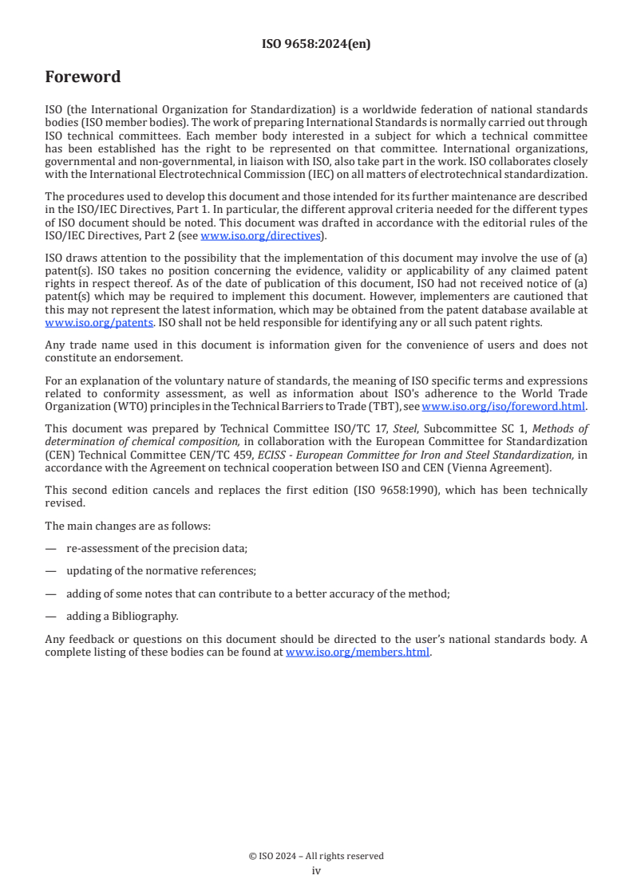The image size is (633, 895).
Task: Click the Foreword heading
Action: click(83, 77)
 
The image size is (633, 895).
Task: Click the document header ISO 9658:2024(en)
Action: click(316, 45)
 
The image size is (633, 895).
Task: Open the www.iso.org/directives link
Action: click(259, 235)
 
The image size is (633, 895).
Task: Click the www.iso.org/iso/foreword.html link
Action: click(503, 406)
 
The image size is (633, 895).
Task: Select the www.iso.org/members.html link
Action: click(358, 652)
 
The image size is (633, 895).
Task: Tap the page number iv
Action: click(316, 870)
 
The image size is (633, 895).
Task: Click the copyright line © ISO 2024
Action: click(316, 856)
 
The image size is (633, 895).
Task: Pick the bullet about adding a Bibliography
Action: click(122, 616)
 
